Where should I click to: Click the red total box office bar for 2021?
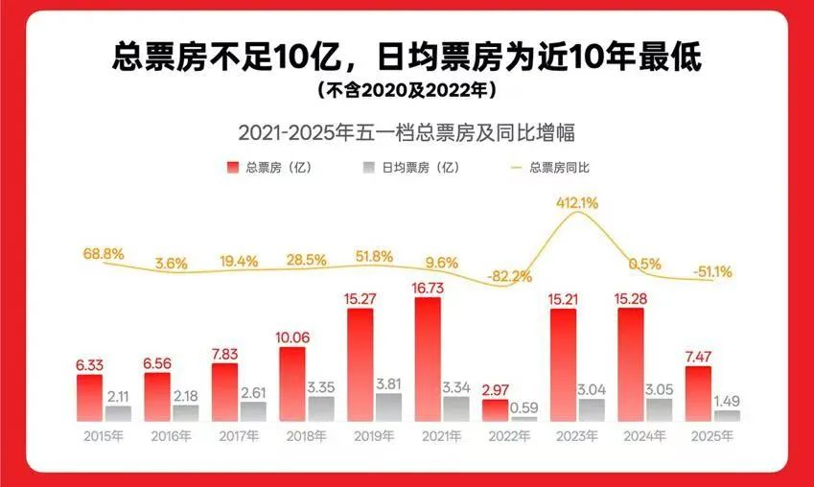tap(428, 359)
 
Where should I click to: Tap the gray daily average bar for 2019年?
tap(388, 406)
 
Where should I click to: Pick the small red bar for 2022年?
tap(495, 409)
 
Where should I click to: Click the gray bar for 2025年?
tap(727, 415)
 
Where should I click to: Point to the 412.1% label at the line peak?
tap(577, 202)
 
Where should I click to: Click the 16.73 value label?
tap(428, 287)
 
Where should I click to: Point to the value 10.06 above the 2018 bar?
tap(292, 336)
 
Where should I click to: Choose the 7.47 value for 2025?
tap(698, 356)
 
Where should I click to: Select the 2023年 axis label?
tap(577, 436)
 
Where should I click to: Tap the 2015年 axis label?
tap(104, 436)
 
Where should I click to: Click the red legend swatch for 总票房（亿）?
tap(232, 168)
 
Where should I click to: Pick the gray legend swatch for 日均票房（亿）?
tap(368, 168)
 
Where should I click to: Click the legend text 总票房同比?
tap(559, 168)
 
